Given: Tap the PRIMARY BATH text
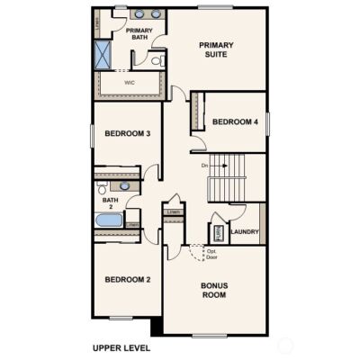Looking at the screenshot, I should coord(138,34).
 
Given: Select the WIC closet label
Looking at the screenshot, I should coord(130,81).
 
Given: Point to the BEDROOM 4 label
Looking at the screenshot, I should coord(236,122).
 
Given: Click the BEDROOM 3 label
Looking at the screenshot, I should coord(127,134).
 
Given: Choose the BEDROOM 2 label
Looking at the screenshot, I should coord(127,280).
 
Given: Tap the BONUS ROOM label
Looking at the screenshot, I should coord(214,290).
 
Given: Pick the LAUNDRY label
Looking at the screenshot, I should coord(245,232).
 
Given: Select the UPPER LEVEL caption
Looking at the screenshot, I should coord(121,347).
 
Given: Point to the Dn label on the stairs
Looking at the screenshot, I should coord(205,166).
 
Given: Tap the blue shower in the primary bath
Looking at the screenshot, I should coord(102,54).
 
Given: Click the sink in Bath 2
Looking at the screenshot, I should coord(125,186).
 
